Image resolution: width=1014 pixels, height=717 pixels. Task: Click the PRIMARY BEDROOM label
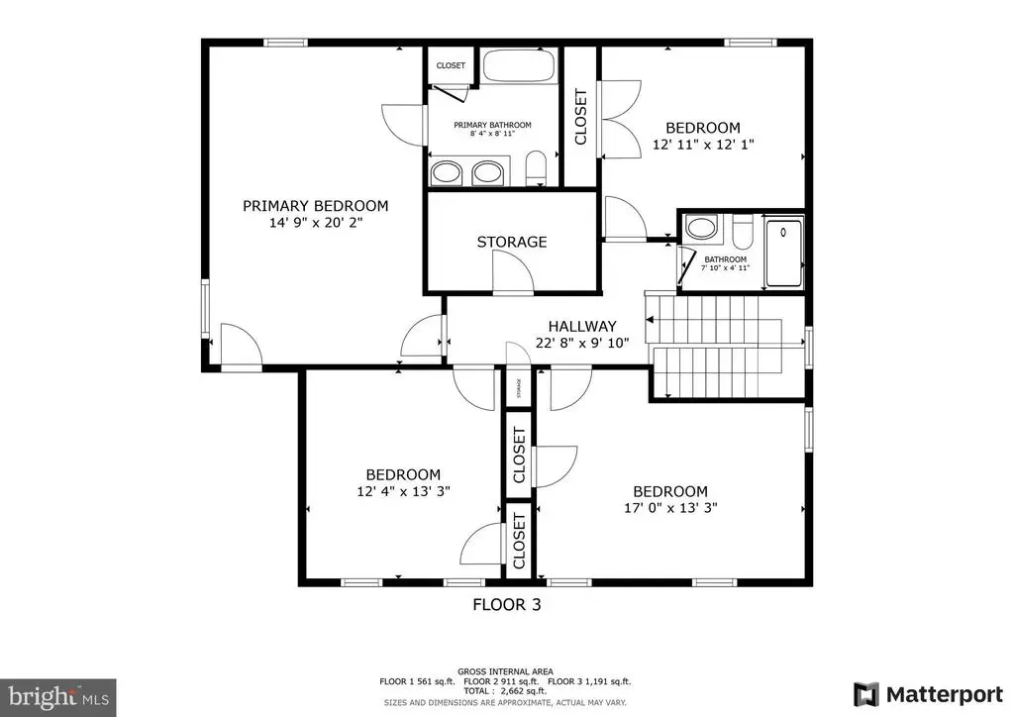(x=316, y=206)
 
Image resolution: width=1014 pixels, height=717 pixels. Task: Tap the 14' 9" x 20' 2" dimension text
(x=316, y=223)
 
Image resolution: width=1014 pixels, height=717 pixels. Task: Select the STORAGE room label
(x=512, y=242)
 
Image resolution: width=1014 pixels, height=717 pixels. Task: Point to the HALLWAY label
(x=582, y=326)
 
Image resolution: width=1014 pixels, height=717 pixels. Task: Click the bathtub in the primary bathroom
(x=519, y=65)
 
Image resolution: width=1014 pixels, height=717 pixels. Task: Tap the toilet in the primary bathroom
(x=536, y=168)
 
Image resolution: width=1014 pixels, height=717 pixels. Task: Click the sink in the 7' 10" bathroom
(x=702, y=227)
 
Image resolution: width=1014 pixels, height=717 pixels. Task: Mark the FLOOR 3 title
(x=506, y=604)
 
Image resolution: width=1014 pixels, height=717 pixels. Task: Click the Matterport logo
(x=928, y=694)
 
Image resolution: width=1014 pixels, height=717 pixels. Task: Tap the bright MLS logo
(x=58, y=697)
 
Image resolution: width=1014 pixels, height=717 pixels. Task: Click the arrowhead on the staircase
(x=650, y=320)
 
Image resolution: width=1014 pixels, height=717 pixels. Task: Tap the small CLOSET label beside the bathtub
(x=451, y=65)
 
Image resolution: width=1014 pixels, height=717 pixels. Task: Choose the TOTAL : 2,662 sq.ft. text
(x=505, y=691)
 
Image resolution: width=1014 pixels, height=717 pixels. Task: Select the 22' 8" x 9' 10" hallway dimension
(x=582, y=343)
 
